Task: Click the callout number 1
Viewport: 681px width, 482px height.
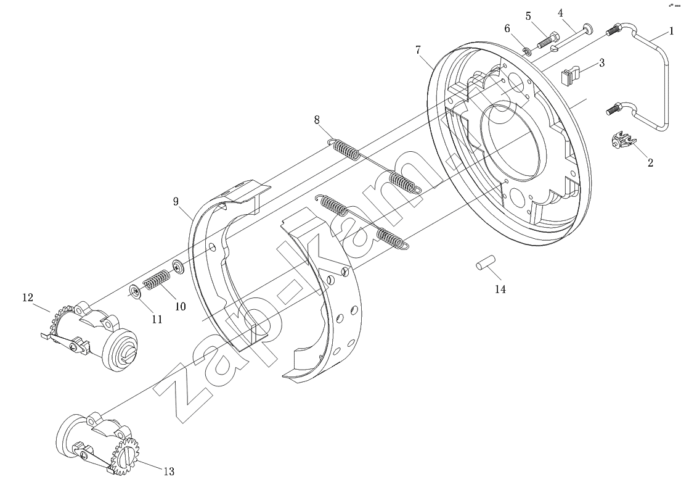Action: pyautogui.click(x=671, y=31)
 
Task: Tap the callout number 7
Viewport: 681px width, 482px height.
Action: pyautogui.click(x=418, y=50)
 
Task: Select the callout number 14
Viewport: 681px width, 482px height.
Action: pyautogui.click(x=500, y=289)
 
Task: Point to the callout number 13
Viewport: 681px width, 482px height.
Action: pyautogui.click(x=169, y=471)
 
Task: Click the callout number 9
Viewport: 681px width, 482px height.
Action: pyautogui.click(x=176, y=201)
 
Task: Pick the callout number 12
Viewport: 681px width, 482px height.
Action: pyautogui.click(x=28, y=297)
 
